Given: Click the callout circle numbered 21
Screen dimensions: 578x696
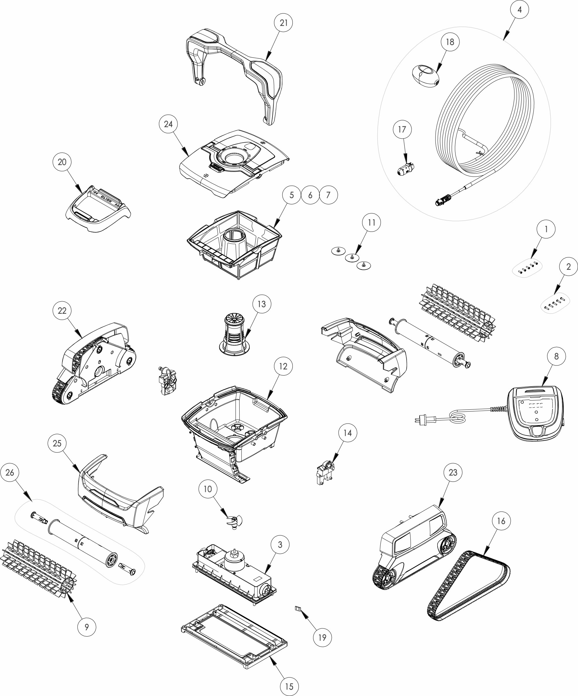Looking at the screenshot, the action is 284,23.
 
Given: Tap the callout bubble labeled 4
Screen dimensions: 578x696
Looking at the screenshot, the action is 520,10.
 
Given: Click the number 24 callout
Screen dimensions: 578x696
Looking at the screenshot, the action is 168,124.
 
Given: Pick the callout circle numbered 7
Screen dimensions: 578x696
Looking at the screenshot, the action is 328,195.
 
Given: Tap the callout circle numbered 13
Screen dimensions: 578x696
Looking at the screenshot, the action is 262,304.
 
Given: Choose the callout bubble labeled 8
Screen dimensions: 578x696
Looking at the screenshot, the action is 556,356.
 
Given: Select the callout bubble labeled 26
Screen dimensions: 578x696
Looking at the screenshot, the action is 10,472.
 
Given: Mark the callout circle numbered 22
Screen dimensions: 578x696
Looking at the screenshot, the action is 62,311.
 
